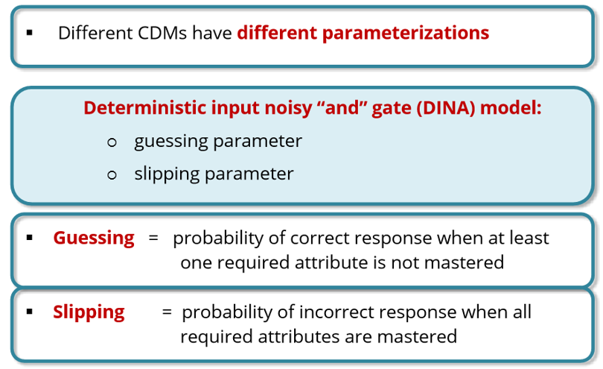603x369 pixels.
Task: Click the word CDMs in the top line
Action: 162,33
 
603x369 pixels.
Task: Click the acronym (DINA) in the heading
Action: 446,108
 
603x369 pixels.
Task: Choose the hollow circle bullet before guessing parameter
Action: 112,142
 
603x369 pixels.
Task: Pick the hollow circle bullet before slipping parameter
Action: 112,175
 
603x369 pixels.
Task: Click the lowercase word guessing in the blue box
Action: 171,142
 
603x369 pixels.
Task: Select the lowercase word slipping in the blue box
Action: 167,174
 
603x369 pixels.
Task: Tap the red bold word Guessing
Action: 94,239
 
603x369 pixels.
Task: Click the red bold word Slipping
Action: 89,312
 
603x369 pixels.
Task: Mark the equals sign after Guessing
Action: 153,238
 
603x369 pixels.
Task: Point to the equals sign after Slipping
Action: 167,312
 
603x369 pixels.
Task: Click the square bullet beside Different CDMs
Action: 30,33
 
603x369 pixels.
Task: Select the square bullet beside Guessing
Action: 30,238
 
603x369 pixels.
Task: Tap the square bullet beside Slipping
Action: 30,311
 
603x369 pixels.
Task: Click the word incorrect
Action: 339,312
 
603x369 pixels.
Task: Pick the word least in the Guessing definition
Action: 529,238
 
